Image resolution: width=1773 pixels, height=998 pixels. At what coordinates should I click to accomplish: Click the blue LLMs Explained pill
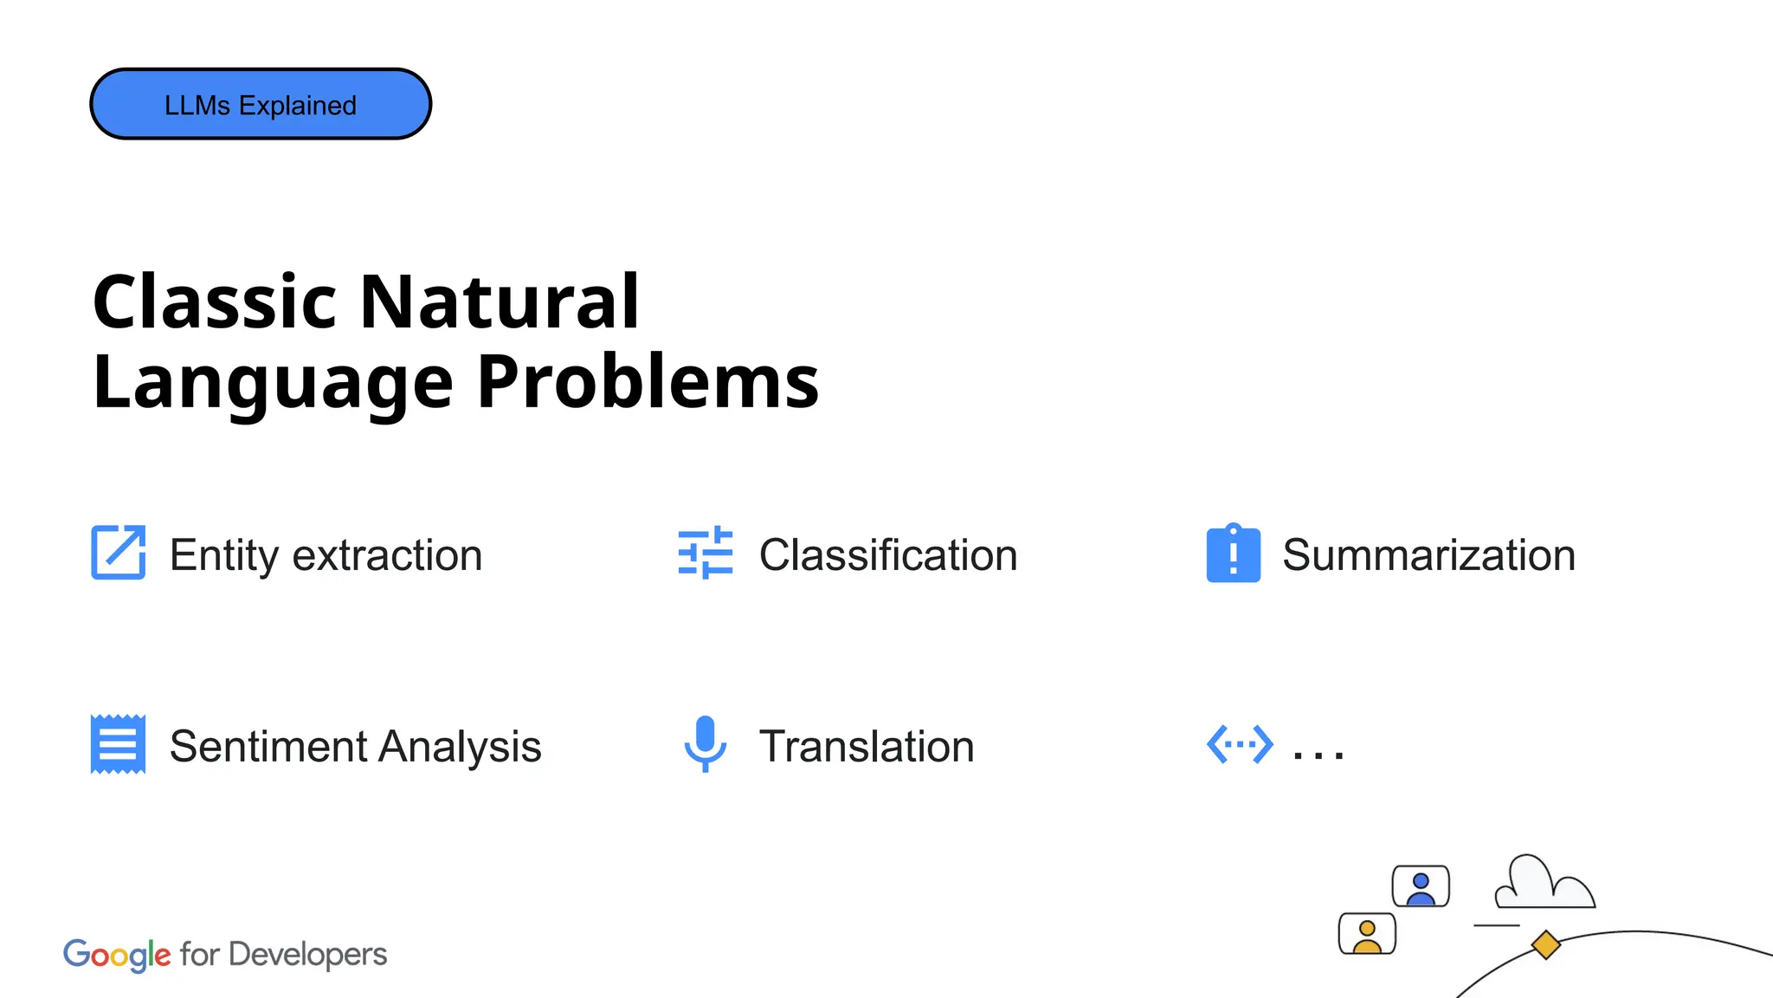click(x=261, y=104)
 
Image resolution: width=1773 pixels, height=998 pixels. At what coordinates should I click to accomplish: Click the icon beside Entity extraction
click(x=119, y=553)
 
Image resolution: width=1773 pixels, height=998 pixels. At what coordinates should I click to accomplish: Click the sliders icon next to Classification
click(x=706, y=553)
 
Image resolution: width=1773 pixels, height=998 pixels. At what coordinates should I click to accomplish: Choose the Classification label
click(x=888, y=555)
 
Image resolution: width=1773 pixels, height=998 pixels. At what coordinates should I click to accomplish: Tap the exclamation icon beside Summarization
click(x=1234, y=554)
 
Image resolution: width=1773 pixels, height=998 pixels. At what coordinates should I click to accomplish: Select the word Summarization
click(x=1428, y=555)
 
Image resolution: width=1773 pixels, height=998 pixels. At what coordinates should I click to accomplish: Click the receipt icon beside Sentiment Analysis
click(x=119, y=744)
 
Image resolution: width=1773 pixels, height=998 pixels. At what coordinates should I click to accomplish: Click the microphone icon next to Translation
click(x=706, y=743)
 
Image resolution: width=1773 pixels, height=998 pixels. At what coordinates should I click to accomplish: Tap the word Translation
click(x=867, y=747)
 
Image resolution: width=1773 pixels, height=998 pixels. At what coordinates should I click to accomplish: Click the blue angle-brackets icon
click(x=1240, y=744)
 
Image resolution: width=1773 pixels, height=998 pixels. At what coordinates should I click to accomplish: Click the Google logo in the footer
click(x=117, y=955)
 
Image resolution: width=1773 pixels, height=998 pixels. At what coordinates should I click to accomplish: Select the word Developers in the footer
click(x=307, y=955)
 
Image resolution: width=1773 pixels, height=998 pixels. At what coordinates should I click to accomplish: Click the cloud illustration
click(x=1544, y=884)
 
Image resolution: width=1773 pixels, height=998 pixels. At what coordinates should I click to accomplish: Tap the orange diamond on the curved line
click(x=1545, y=944)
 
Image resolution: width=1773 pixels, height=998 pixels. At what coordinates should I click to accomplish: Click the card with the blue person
click(x=1421, y=886)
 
